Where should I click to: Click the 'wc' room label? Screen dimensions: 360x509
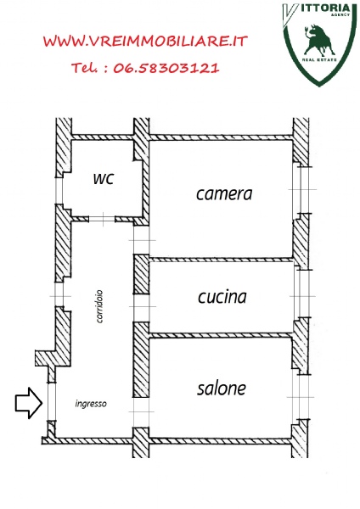tap(104, 179)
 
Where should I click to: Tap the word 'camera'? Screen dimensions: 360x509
tap(224, 194)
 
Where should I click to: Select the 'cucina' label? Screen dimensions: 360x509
tap(222, 297)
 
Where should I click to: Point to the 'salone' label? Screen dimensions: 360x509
tap(222, 389)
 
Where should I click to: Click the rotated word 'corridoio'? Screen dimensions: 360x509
tap(99, 306)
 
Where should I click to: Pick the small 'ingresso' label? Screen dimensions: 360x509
tap(91, 404)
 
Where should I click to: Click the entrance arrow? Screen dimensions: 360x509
tap(29, 403)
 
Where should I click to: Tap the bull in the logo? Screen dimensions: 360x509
tap(319, 40)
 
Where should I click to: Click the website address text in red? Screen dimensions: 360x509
tap(145, 42)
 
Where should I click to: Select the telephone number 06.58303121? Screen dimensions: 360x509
tap(166, 68)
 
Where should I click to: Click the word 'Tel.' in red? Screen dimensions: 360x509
tap(84, 68)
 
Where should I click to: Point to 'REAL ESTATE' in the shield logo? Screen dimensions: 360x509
tap(319, 60)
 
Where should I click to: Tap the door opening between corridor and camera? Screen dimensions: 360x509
tap(142, 240)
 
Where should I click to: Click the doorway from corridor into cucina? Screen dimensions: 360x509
tap(142, 308)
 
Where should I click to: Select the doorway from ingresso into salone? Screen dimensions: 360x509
tap(141, 412)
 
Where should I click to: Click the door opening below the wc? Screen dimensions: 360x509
tap(103, 220)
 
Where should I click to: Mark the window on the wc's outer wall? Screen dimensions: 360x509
tap(59, 191)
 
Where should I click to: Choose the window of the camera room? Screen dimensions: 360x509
tap(300, 190)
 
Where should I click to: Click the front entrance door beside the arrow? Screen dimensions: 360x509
tap(52, 401)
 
